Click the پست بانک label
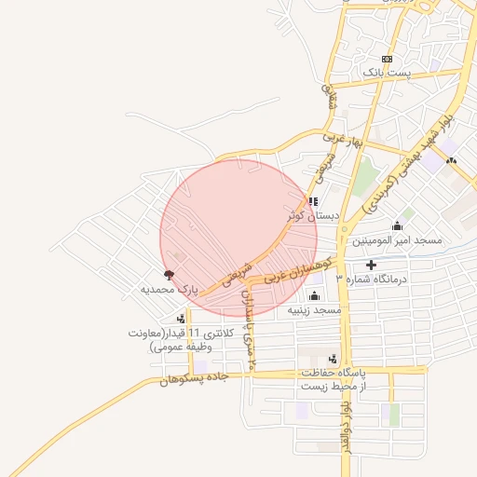click(x=386, y=73)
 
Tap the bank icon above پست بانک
click(x=387, y=59)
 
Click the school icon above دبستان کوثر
click(x=313, y=200)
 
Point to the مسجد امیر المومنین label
click(x=397, y=240)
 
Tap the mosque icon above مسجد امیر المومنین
click(x=398, y=225)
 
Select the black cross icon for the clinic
click(x=373, y=266)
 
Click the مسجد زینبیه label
click(x=314, y=309)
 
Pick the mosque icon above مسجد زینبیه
click(x=314, y=295)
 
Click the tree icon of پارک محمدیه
click(x=169, y=275)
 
